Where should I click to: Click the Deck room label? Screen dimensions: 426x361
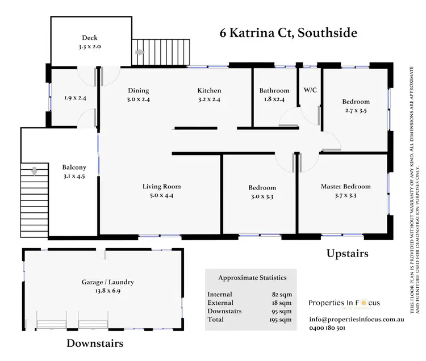(x=89, y=38)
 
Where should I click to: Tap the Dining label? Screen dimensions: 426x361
(x=138, y=90)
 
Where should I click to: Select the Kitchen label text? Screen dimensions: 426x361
(x=209, y=90)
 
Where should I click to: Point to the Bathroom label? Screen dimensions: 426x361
(x=274, y=90)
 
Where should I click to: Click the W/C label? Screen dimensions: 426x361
(x=310, y=90)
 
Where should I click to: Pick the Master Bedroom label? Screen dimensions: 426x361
(x=345, y=186)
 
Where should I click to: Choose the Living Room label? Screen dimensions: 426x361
(x=161, y=186)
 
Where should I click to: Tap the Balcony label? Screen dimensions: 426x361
(x=74, y=167)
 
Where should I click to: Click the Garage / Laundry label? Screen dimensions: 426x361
(x=107, y=282)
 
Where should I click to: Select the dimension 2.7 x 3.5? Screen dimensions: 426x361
(x=356, y=111)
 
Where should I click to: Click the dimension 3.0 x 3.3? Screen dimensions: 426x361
(x=262, y=197)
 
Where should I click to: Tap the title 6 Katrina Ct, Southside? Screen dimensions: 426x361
(x=289, y=33)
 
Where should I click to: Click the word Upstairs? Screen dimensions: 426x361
(x=348, y=254)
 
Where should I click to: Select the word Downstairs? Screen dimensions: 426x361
(x=95, y=343)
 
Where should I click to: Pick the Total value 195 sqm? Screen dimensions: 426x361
(x=281, y=320)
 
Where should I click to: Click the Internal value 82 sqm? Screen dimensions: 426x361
(x=282, y=294)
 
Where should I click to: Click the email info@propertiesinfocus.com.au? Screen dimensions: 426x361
(x=357, y=320)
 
